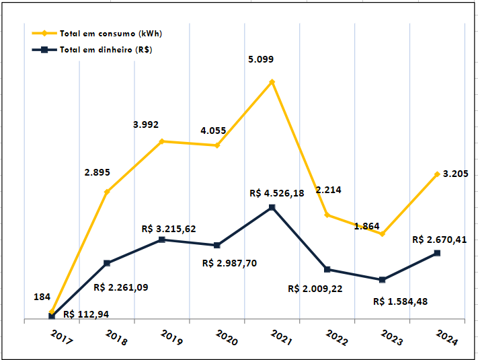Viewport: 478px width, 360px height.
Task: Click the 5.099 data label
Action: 261,59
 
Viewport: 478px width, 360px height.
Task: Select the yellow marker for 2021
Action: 272,82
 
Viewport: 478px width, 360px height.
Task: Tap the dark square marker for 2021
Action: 272,207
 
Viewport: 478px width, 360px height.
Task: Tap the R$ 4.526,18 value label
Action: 276,193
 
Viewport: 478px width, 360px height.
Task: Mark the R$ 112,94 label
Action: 91,314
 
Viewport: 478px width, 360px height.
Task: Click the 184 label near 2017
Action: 42,296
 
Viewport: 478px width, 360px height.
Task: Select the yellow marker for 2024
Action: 438,174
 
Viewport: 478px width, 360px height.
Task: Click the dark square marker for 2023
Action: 383,280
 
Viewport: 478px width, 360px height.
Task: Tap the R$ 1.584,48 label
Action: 400,301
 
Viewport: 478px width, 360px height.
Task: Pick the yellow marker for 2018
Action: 107,192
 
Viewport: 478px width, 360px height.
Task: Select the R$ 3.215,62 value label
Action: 169,229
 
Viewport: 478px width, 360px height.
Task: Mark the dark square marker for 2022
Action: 327,269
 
